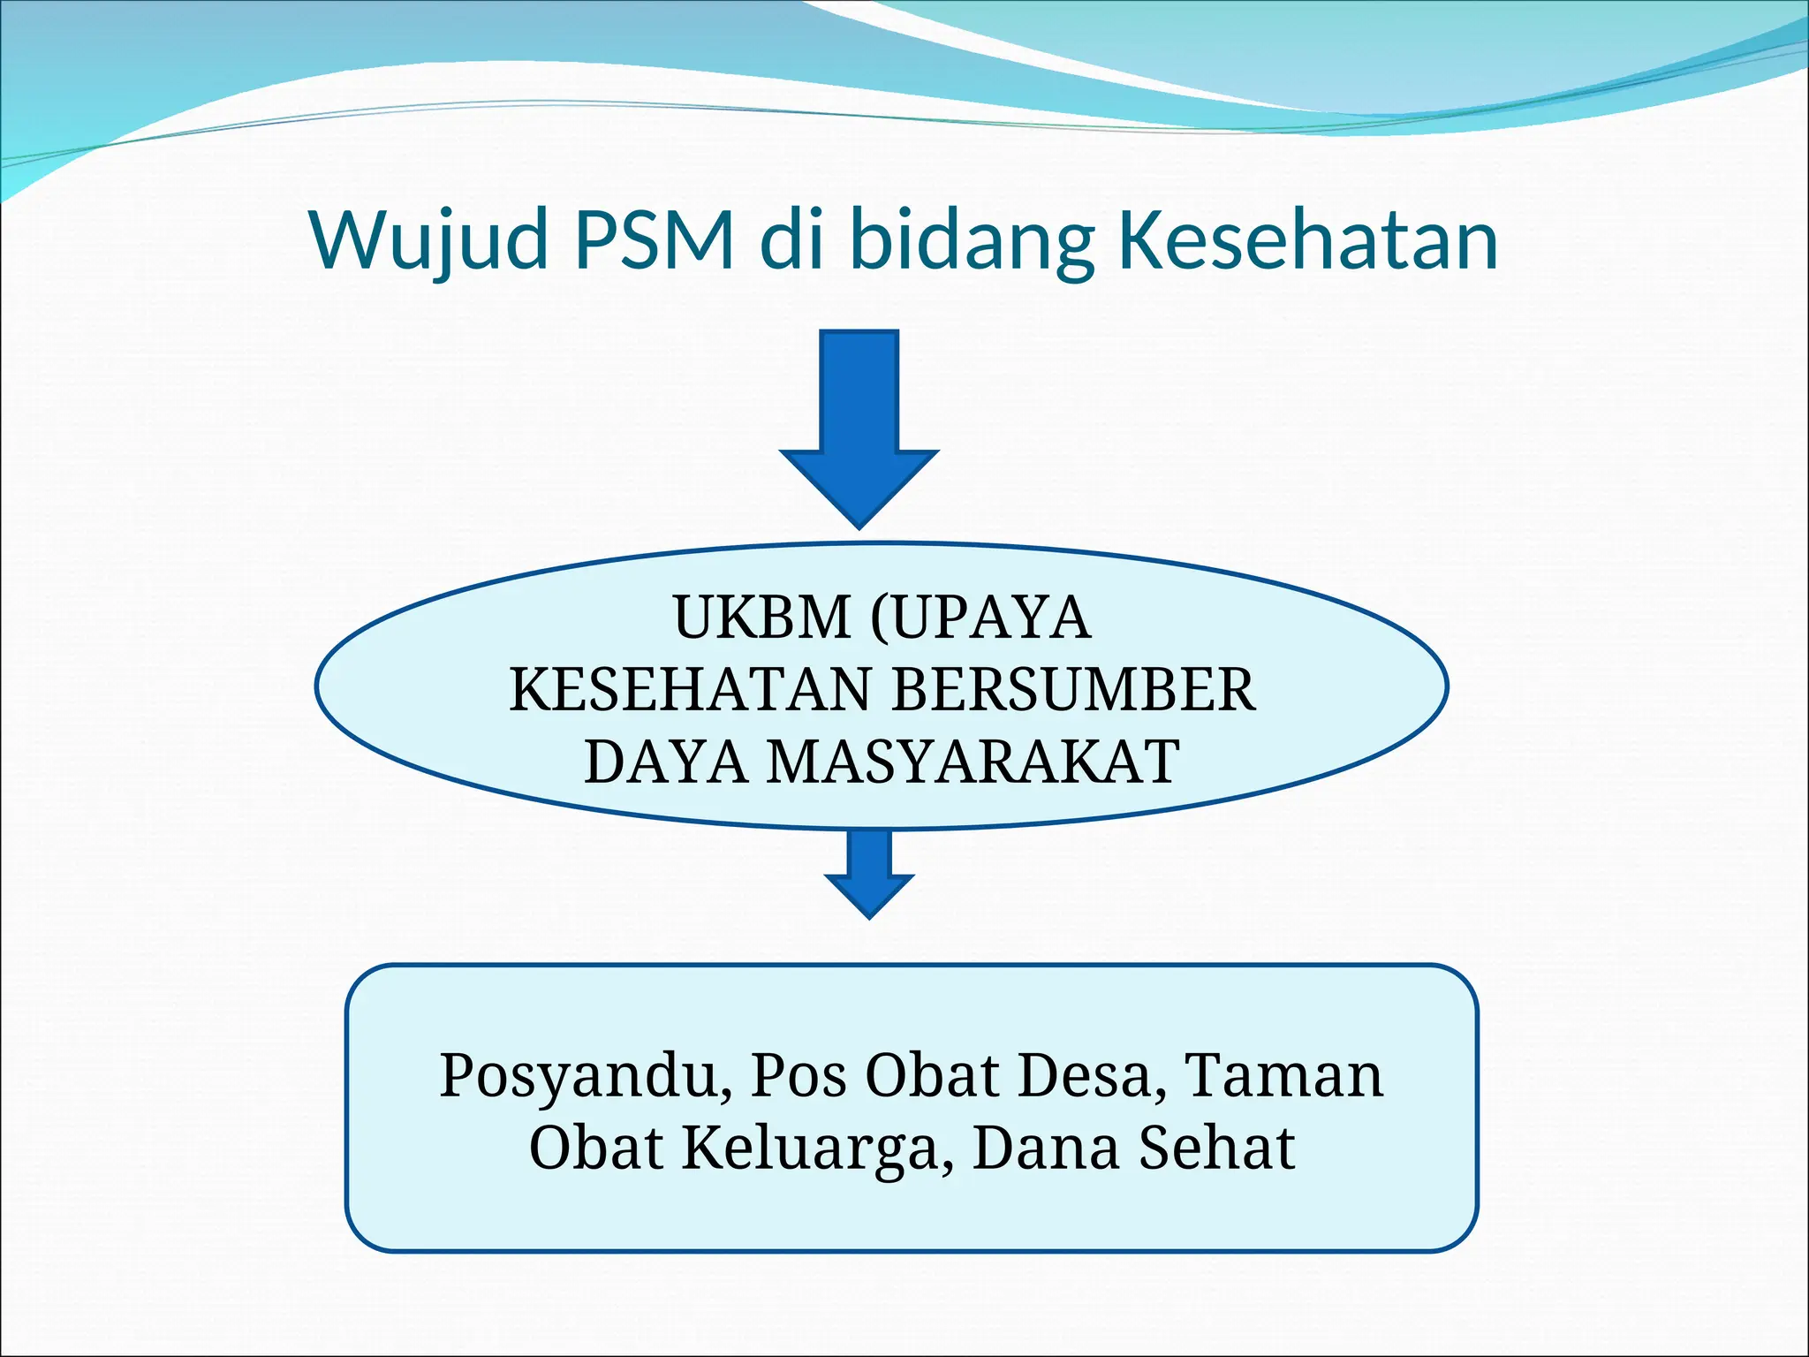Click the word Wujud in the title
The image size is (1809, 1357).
click(428, 240)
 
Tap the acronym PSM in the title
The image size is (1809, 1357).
click(655, 240)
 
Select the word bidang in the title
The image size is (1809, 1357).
click(972, 240)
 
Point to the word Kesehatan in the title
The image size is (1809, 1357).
click(1308, 240)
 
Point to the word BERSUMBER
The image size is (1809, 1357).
click(1072, 689)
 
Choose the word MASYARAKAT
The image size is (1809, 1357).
click(973, 762)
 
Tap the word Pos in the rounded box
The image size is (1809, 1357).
click(799, 1076)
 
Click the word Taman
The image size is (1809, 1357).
click(1283, 1076)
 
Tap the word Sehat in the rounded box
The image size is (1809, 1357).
click(1216, 1149)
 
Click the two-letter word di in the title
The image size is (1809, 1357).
click(791, 240)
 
